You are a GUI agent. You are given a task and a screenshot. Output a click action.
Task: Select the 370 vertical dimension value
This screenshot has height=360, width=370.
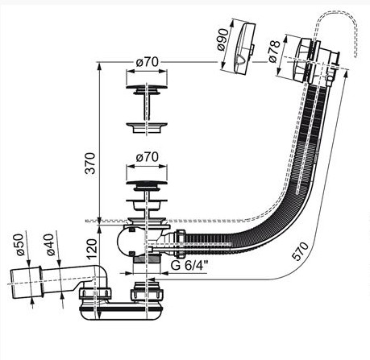click(91, 163)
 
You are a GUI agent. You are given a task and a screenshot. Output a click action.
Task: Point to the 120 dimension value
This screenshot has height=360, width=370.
click(91, 249)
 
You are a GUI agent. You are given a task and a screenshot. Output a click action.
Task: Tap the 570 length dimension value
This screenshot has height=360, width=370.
click(301, 250)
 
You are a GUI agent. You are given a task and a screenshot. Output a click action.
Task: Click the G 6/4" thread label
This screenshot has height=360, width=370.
click(189, 265)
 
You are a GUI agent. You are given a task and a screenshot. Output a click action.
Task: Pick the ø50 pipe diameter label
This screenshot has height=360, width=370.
click(21, 245)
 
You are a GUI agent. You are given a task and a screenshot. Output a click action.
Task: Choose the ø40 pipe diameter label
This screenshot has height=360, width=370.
click(50, 245)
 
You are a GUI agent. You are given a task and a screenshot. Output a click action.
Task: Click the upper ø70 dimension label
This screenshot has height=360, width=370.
click(147, 63)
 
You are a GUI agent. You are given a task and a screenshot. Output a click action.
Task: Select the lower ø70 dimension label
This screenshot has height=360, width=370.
click(147, 157)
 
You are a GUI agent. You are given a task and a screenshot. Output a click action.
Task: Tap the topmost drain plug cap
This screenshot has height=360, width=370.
click(147, 89)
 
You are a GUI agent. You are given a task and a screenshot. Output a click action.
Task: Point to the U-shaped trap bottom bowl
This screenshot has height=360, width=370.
click(122, 312)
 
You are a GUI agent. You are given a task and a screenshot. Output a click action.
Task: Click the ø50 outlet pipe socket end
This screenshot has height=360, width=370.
click(26, 283)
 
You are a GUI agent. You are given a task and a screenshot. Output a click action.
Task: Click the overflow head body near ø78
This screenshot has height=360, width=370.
click(309, 61)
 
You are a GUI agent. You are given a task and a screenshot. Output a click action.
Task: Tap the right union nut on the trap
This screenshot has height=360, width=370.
click(147, 294)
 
